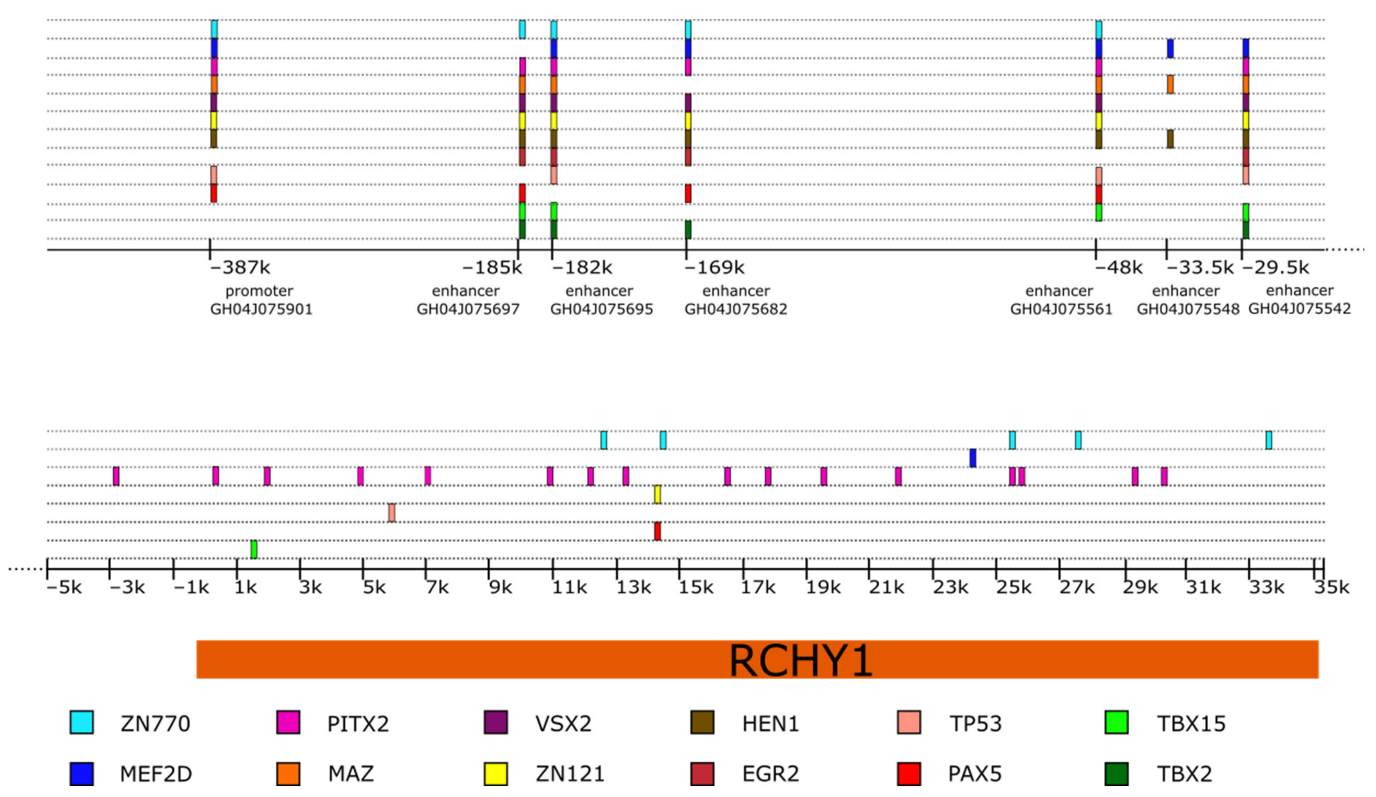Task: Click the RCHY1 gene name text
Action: click(801, 661)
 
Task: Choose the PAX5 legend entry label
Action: click(975, 774)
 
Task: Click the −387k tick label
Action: click(240, 268)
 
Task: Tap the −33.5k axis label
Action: click(1200, 268)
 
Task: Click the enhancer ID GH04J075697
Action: click(468, 309)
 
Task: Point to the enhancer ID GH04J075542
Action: click(1300, 308)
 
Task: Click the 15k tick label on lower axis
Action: click(695, 588)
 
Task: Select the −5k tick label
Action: click(64, 588)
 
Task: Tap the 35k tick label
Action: click(1331, 588)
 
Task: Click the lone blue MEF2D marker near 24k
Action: click(973, 458)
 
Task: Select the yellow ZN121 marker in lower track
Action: click(657, 495)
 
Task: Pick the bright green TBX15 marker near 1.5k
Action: click(254, 549)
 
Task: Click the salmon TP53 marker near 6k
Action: click(391, 512)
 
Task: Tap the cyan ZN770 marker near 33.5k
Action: click(1269, 440)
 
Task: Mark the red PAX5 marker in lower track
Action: click(657, 531)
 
